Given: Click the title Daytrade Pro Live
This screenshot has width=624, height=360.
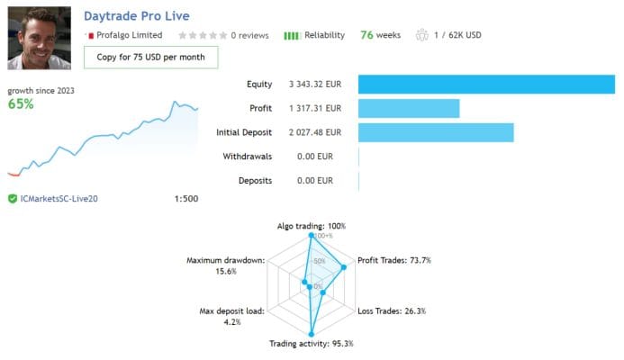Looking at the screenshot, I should coord(142,16).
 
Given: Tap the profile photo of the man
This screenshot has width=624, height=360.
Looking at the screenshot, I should coord(41,38).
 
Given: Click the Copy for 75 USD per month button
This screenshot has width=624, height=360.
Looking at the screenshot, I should coord(150,58).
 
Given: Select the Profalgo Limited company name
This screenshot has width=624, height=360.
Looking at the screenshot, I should coord(129,35).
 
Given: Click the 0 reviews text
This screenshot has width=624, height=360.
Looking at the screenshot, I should coord(249,35).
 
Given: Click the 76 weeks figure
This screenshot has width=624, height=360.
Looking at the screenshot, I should coord(380,35).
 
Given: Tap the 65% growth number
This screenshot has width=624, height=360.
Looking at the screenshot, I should coord(21,103).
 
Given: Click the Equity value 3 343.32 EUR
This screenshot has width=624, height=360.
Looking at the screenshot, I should coord(315,84).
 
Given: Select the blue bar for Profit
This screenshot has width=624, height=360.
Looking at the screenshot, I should coord(409,108).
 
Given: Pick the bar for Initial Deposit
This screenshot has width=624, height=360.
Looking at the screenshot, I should coord(436,132).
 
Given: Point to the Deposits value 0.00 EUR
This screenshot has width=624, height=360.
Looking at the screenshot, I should coord(315,181).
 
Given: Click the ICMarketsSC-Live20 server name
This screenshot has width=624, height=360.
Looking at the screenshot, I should coord(59,198).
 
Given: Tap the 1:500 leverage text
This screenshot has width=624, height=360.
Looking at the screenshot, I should coord(186,198).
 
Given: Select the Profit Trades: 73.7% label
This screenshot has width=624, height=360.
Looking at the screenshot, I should coord(394,260).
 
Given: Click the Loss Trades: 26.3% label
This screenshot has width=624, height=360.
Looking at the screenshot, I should coord(392,310).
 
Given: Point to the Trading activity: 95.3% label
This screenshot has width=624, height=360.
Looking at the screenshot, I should coord(312,343).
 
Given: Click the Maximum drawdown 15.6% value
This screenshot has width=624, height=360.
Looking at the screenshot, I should coord(226,271).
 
